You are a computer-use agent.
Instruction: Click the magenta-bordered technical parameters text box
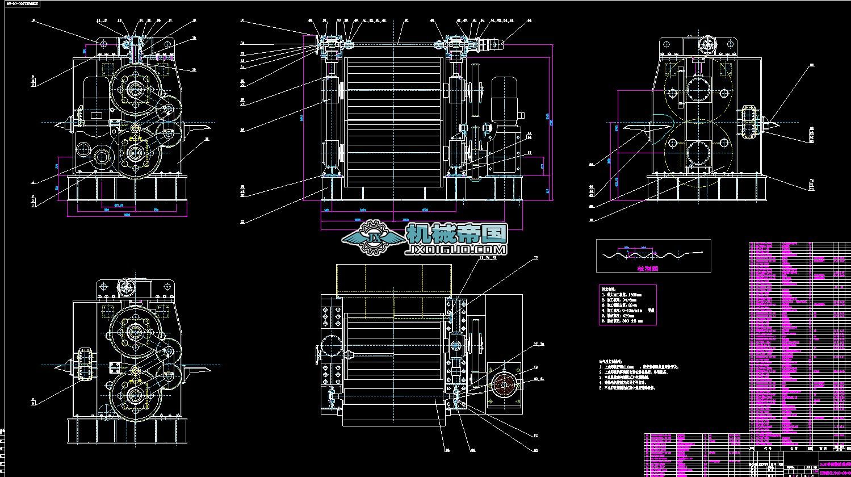click(x=627, y=304)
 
